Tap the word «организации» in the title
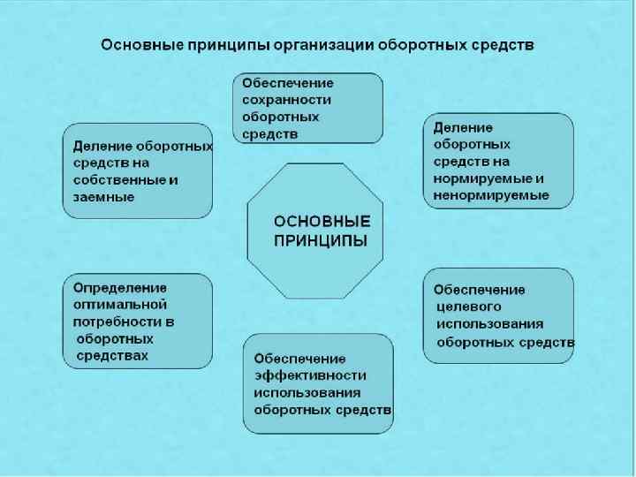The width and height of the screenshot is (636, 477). coord(327,43)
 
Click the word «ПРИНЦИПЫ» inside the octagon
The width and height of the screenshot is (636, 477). coord(321,239)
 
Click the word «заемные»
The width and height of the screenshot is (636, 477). coord(104,198)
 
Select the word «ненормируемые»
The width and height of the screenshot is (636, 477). coord(491,195)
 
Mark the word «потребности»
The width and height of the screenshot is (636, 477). coord(114,322)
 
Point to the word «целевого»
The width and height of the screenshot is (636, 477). coord(469,307)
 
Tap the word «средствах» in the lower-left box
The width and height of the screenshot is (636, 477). coord(112,355)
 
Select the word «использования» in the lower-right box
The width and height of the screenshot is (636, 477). coord(489,323)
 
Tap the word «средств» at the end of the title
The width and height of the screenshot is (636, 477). coord(503,43)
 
